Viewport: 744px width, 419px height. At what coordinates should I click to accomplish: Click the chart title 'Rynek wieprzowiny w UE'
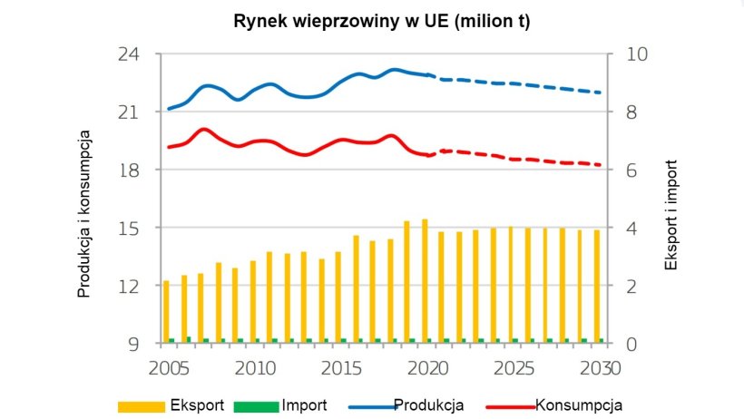[x=381, y=21]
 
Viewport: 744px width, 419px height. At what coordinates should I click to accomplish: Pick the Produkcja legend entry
[x=429, y=404]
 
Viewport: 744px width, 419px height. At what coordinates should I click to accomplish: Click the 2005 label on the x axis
[x=167, y=368]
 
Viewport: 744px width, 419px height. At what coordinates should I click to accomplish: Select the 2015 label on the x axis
[x=341, y=368]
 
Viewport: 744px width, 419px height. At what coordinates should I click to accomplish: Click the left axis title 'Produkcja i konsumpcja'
[x=84, y=214]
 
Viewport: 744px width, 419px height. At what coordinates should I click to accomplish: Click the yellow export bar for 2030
[x=596, y=286]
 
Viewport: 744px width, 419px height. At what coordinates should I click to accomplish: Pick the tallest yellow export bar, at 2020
[x=424, y=281]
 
